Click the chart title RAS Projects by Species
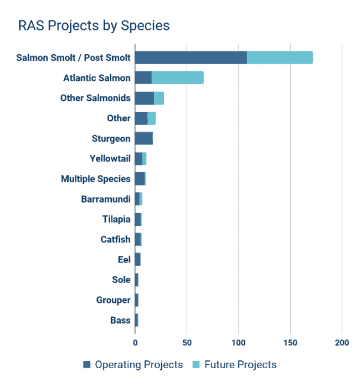(x=94, y=26)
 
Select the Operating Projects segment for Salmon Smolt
(x=191, y=58)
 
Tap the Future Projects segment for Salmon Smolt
(x=280, y=58)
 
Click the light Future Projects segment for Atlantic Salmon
(x=177, y=78)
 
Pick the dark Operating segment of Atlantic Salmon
(x=143, y=78)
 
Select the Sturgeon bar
(x=144, y=138)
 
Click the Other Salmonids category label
(x=95, y=98)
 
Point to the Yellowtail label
(x=110, y=159)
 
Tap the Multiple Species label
(x=96, y=179)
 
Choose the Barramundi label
(x=105, y=199)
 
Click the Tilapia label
(x=116, y=219)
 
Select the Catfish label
(x=115, y=239)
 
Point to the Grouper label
(x=113, y=300)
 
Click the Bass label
(x=120, y=320)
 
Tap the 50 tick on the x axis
(x=187, y=343)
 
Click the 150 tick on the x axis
(x=290, y=343)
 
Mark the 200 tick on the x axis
(x=342, y=343)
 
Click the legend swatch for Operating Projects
(x=86, y=364)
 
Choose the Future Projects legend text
(x=240, y=364)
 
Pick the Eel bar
(x=138, y=260)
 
